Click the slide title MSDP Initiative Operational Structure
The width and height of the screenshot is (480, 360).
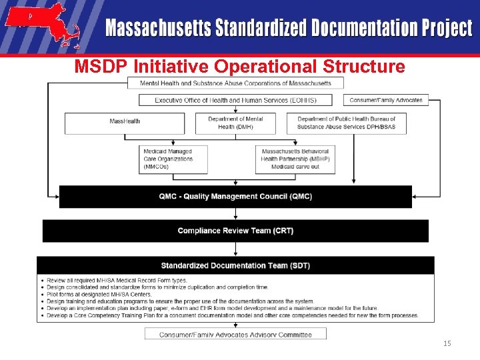point(239,67)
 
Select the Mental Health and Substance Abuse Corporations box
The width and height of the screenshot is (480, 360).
point(235,83)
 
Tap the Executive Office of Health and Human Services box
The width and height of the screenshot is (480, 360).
point(235,100)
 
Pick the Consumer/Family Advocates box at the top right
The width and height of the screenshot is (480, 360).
point(386,100)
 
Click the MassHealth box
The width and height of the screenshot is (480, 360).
point(125,123)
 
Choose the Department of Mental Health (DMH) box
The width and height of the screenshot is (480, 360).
point(235,123)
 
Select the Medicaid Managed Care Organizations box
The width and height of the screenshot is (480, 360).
point(173,159)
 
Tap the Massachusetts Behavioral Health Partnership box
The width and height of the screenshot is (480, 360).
point(295,159)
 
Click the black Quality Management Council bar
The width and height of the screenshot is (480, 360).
point(235,197)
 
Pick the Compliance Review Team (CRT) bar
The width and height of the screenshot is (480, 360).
point(235,231)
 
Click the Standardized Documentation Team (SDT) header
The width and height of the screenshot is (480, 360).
point(235,265)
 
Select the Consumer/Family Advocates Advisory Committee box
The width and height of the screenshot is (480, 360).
point(235,334)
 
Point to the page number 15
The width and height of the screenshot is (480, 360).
point(447,343)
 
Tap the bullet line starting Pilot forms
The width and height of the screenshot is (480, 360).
point(100,294)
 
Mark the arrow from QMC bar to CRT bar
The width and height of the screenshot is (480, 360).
point(235,213)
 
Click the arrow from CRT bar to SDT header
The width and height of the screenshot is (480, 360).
point(235,249)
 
